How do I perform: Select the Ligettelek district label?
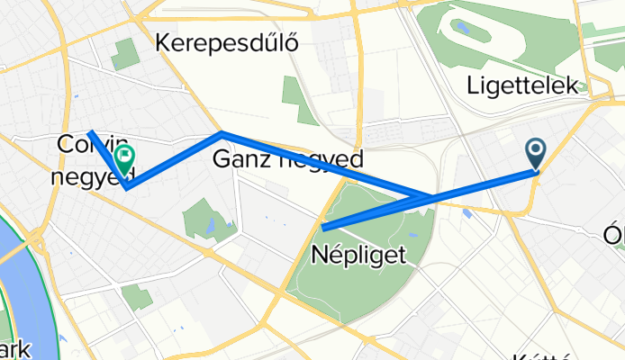click(x=522, y=86)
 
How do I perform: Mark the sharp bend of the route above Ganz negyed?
click(x=222, y=133)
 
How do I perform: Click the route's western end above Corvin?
click(x=90, y=133)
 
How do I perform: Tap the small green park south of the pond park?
click(x=138, y=298)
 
